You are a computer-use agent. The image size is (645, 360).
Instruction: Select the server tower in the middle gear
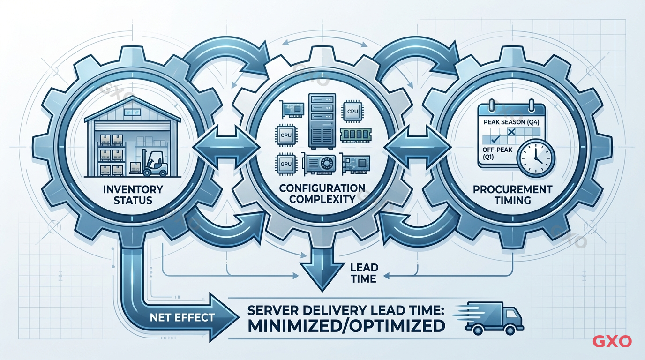tap(322, 120)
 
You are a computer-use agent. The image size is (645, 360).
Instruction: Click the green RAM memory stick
tap(355, 135)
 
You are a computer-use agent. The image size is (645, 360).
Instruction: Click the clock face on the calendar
tap(535, 158)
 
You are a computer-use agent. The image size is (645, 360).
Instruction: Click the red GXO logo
tap(612, 341)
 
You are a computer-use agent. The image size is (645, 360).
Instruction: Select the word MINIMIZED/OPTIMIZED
tap(346, 325)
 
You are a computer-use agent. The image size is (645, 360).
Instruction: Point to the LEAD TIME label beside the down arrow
tap(363, 273)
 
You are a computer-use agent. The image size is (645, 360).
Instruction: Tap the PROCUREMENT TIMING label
tap(512, 195)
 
